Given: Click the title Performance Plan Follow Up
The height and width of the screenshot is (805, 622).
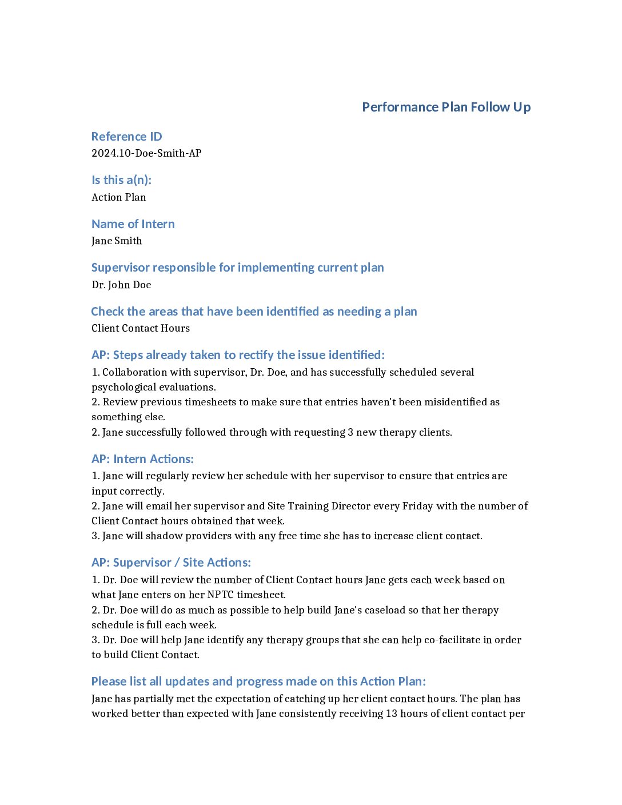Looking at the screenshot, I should click(x=446, y=107).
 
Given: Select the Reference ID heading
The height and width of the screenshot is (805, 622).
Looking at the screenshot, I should click(x=126, y=137).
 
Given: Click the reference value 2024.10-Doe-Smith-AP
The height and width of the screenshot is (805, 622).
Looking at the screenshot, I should click(x=146, y=153).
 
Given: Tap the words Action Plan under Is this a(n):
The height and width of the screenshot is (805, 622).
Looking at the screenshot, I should click(x=119, y=197).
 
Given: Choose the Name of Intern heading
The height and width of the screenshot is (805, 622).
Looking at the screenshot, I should click(x=133, y=224).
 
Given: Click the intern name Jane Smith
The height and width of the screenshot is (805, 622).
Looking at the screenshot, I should click(x=117, y=241).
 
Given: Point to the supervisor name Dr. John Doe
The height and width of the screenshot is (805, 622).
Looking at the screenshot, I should click(x=121, y=285).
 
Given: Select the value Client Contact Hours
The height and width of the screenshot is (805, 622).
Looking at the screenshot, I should click(x=141, y=328).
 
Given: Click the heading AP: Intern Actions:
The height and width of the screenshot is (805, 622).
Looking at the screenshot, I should click(x=142, y=459).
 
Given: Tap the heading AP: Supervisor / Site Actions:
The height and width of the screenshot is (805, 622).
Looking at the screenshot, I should click(x=171, y=563).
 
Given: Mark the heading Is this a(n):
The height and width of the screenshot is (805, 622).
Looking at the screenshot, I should click(x=121, y=180).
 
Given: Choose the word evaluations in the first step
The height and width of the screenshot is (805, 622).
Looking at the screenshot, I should click(x=189, y=387).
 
